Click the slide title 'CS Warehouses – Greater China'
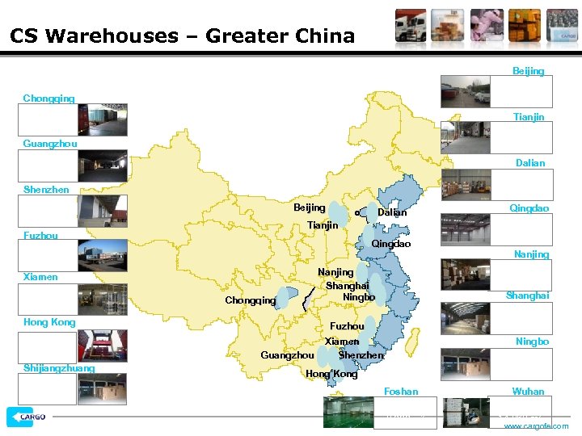click(x=183, y=36)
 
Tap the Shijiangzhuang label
click(x=59, y=368)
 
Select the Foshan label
click(x=401, y=392)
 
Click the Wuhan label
click(x=528, y=392)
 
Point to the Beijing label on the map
click(x=310, y=208)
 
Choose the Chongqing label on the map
click(x=250, y=300)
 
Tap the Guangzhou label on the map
click(x=287, y=355)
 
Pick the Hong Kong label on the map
click(x=331, y=374)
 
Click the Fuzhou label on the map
click(x=347, y=326)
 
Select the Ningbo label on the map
click(x=359, y=297)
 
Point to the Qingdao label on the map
click(x=391, y=244)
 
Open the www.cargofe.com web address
click(x=536, y=426)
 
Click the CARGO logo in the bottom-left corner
click(x=27, y=417)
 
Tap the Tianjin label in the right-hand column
click(x=529, y=118)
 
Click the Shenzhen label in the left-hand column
click(x=46, y=190)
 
